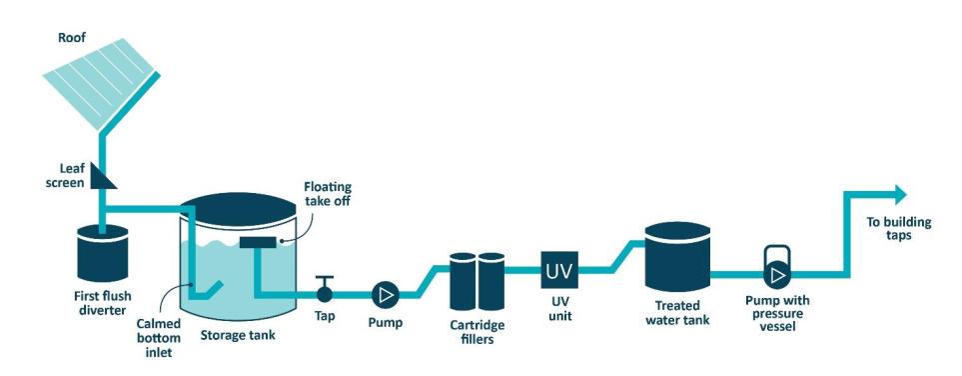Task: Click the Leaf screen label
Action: point(67,177)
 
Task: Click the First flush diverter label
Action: point(102,300)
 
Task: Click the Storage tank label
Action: point(238,334)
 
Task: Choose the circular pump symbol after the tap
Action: point(385,294)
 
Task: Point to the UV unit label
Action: point(560,308)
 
